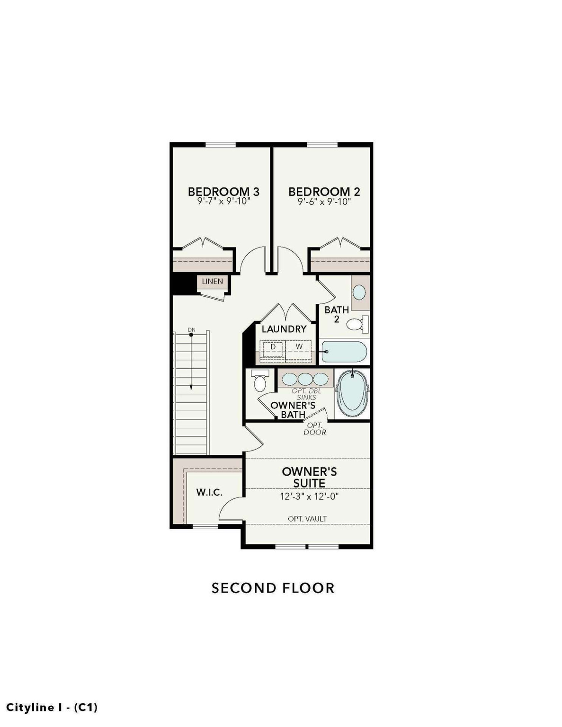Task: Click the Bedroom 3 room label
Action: (223, 192)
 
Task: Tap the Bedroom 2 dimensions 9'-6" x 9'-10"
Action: (324, 202)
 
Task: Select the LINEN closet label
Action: (213, 281)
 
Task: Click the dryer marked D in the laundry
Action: (273, 349)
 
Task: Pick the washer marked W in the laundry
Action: (299, 350)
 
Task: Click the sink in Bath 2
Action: (360, 293)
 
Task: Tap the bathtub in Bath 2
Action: (344, 352)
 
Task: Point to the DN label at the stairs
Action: (191, 330)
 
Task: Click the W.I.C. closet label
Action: (209, 492)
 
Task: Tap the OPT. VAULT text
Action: (307, 519)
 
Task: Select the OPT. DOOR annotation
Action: (315, 429)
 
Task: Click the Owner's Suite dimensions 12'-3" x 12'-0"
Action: (310, 496)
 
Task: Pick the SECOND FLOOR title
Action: (273, 588)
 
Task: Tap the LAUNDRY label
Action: (284, 329)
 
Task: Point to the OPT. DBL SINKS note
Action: (306, 394)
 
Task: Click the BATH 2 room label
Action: (337, 314)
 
